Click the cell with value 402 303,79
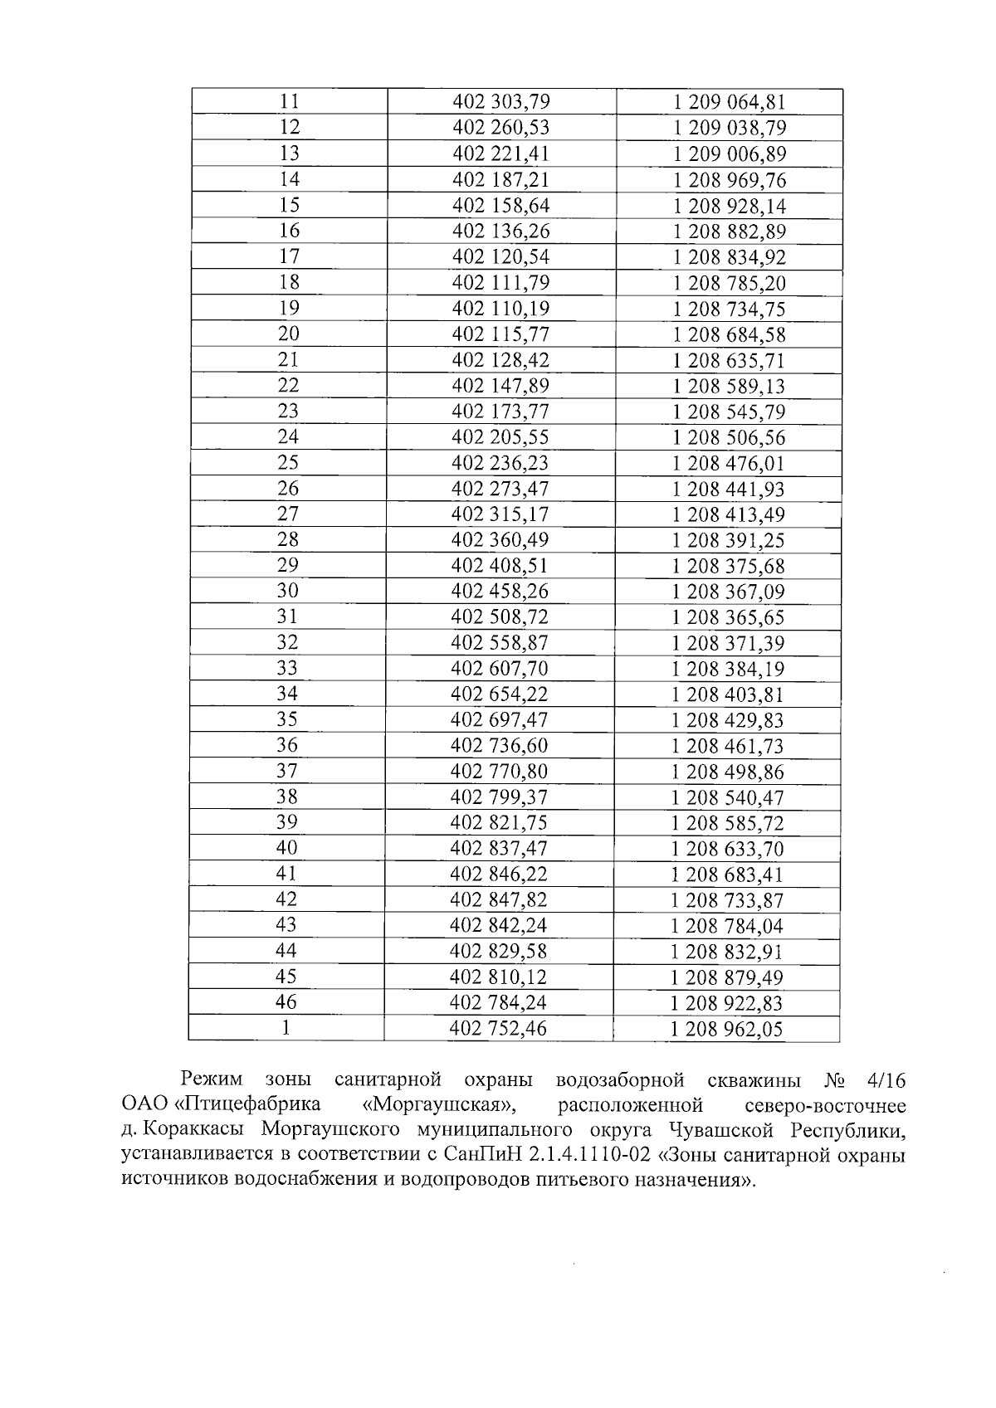tap(501, 102)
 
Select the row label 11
tap(289, 101)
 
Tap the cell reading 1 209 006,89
tap(729, 154)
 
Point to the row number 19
tap(289, 308)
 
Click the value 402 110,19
tap(500, 309)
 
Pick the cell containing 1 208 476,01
tap(728, 463)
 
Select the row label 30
tap(287, 591)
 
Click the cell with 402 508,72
tap(500, 617)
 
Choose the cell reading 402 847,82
tap(499, 899)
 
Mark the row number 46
tap(286, 1001)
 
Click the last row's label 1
tap(286, 1027)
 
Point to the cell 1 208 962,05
tap(727, 1030)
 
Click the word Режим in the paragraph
tap(212, 1080)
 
